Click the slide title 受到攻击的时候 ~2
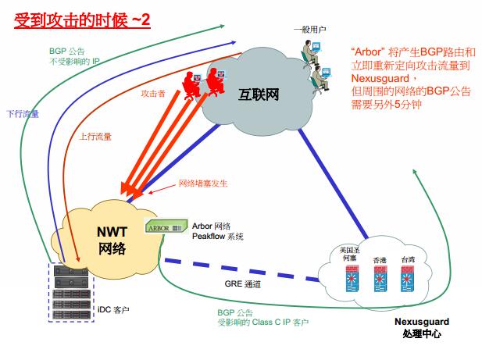(x=82, y=20)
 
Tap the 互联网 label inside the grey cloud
(x=259, y=94)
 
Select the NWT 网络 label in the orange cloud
(x=112, y=241)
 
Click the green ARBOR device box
(x=166, y=226)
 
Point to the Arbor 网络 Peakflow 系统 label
(x=218, y=231)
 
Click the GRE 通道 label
(x=242, y=283)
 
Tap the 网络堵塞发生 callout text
(x=203, y=184)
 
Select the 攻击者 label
(x=153, y=94)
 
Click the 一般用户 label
(x=309, y=30)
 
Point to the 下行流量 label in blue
(x=23, y=114)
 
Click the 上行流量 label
(x=95, y=137)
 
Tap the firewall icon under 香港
(x=380, y=279)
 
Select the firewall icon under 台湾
(x=408, y=279)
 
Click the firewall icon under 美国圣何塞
(x=352, y=279)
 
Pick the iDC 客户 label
(x=113, y=309)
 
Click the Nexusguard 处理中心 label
(x=422, y=328)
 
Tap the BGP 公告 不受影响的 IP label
(x=74, y=56)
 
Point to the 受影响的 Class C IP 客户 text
(x=262, y=323)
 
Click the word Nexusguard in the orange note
(x=380, y=78)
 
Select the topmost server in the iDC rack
(x=71, y=271)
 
